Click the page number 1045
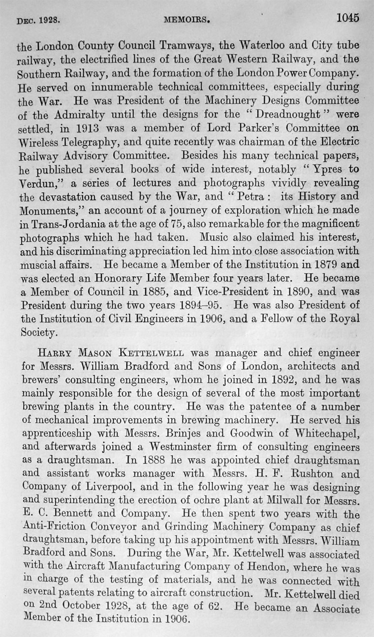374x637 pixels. coord(348,18)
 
